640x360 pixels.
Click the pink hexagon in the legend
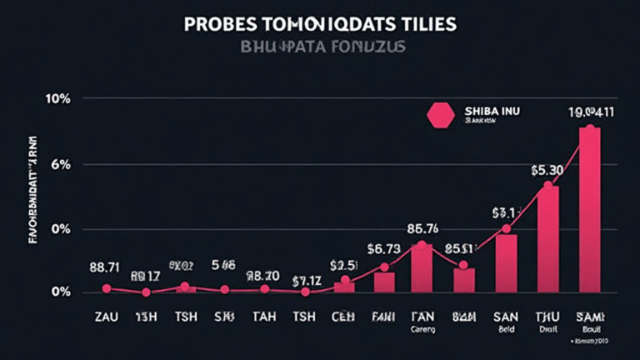tap(440, 115)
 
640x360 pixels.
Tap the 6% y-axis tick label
tap(60, 164)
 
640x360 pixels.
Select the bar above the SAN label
tap(506, 262)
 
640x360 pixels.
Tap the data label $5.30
tap(547, 170)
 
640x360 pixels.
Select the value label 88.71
tap(105, 267)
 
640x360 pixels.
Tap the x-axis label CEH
tap(343, 317)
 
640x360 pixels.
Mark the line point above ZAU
tap(106, 288)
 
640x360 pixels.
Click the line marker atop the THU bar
tap(547, 186)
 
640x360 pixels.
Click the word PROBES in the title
tap(217, 24)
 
